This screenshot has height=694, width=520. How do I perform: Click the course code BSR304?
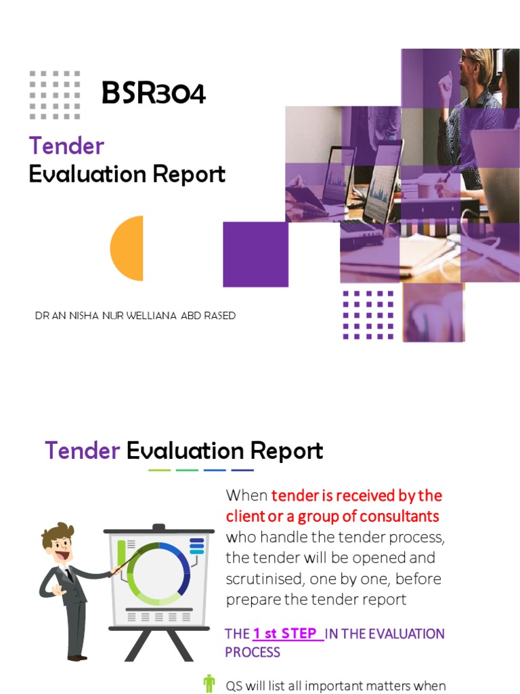pyautogui.click(x=153, y=93)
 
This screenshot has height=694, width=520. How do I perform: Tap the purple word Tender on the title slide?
pyautogui.click(x=66, y=146)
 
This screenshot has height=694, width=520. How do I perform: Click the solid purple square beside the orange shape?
pyautogui.click(x=255, y=254)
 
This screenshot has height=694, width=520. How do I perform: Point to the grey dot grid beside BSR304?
pyautogui.click(x=55, y=95)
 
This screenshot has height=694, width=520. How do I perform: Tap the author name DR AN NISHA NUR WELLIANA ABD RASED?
pyautogui.click(x=135, y=316)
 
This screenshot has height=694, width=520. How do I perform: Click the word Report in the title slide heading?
pyautogui.click(x=189, y=174)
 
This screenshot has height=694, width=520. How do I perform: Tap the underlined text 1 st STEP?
pyautogui.click(x=284, y=634)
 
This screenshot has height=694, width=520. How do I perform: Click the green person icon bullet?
pyautogui.click(x=209, y=684)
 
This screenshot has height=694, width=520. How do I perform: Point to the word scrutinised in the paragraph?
pyautogui.click(x=265, y=579)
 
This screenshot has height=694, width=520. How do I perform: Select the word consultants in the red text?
pyautogui.click(x=399, y=516)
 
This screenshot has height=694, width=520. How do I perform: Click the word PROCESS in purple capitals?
pyautogui.click(x=253, y=652)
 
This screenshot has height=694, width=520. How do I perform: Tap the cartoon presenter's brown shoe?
pyautogui.click(x=77, y=657)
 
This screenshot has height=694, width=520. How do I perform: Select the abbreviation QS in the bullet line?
pyautogui.click(x=234, y=685)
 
